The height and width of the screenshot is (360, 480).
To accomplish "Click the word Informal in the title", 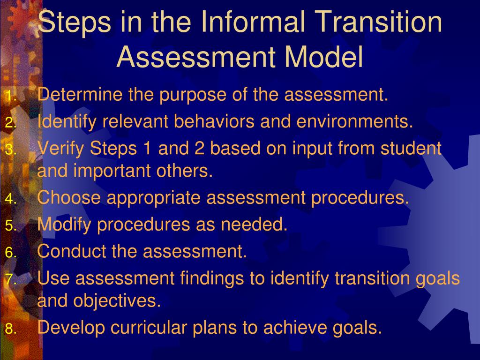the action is [253, 22].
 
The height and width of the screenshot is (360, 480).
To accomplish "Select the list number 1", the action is [11, 96].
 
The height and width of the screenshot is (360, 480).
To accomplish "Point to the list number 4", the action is [11, 199].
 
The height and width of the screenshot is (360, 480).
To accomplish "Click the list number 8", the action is [11, 329].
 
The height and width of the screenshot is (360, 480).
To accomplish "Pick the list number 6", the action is [11, 253].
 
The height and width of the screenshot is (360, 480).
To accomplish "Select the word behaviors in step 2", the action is [214, 121].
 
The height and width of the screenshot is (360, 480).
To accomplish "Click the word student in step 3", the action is [411, 148].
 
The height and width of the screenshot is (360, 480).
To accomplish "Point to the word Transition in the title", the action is [378, 22].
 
